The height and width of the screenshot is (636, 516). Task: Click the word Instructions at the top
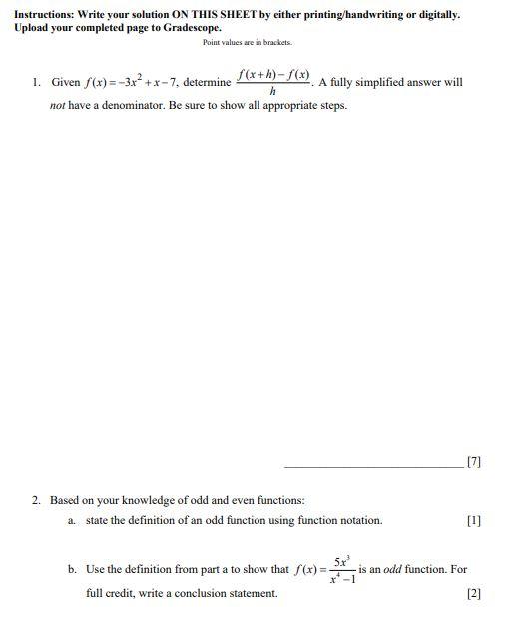(x=46, y=14)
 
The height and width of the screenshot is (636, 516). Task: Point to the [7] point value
(x=473, y=462)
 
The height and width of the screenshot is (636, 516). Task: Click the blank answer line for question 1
(x=373, y=465)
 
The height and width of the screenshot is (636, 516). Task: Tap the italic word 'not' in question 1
(x=59, y=105)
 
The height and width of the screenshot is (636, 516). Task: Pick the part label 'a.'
(x=72, y=520)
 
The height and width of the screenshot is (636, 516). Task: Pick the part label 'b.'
(x=72, y=569)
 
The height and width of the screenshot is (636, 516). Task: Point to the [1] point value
(x=473, y=520)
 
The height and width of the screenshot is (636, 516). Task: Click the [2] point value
(x=473, y=593)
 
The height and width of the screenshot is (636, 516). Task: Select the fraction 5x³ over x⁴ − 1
(x=340, y=570)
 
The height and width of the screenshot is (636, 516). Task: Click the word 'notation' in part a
(x=359, y=520)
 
